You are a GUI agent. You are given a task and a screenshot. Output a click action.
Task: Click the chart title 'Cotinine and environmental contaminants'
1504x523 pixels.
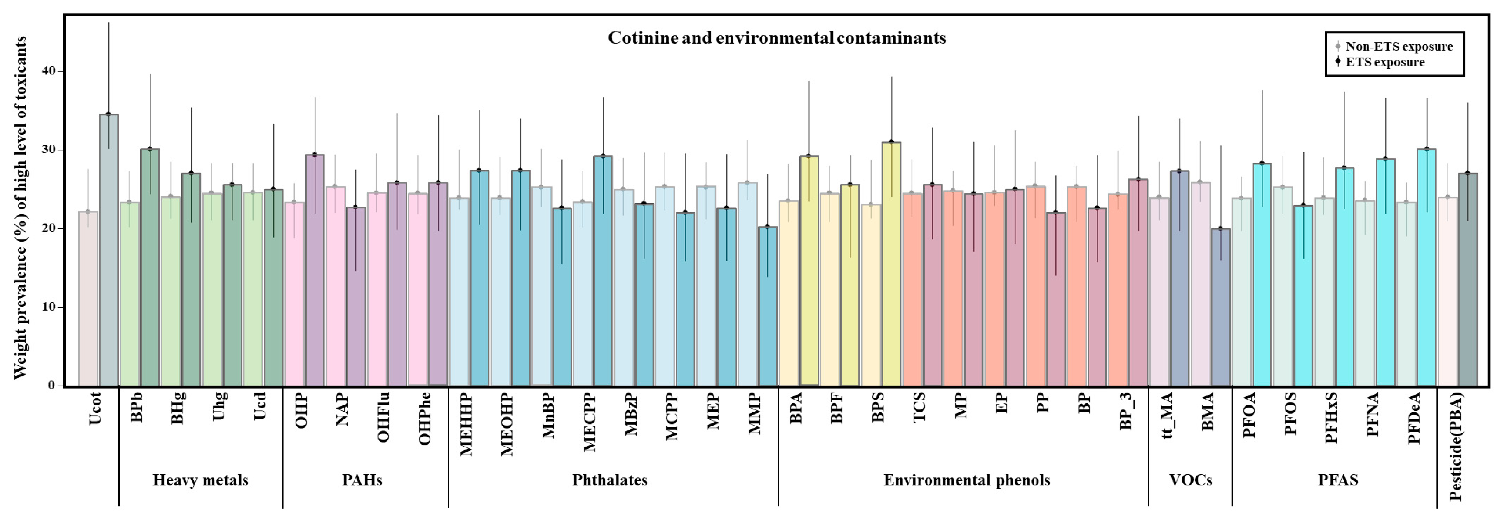point(776,38)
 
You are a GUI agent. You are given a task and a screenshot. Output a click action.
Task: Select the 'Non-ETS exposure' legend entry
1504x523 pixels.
point(1398,47)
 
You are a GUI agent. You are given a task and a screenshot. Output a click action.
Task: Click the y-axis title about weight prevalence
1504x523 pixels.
point(20,207)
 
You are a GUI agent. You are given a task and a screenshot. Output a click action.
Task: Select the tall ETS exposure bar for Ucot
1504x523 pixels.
point(108,251)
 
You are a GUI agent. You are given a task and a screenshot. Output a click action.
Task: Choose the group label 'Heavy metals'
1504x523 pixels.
point(200,480)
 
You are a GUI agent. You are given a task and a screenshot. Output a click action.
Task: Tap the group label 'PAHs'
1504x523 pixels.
point(362,480)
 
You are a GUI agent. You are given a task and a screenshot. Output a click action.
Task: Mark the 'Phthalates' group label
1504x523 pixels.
point(610,480)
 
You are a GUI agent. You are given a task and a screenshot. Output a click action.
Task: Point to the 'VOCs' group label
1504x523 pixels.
point(1191,480)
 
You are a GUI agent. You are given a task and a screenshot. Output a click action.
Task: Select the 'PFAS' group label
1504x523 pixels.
point(1337,480)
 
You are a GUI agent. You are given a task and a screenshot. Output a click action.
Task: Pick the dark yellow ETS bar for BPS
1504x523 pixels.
point(891,263)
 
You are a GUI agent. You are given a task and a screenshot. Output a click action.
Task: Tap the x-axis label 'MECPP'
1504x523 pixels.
point(590,423)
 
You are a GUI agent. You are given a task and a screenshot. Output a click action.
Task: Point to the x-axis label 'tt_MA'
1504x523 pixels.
point(1166,416)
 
